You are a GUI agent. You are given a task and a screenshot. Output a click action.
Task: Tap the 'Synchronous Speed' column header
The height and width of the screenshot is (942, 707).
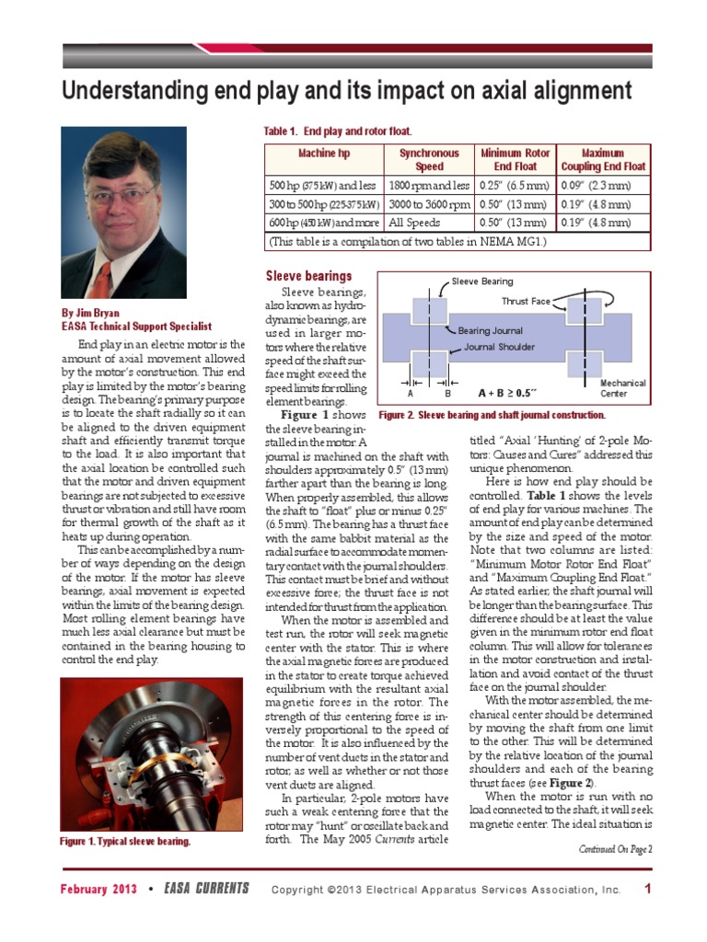(428, 159)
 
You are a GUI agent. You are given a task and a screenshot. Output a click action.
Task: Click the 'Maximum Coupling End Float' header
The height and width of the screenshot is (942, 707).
(603, 159)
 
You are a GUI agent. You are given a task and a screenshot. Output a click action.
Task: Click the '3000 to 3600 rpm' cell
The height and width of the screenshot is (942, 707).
(429, 203)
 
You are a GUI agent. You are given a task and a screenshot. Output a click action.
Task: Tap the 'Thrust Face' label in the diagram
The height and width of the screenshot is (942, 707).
(526, 301)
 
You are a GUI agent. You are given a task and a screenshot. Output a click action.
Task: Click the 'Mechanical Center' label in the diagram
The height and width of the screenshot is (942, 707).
(622, 387)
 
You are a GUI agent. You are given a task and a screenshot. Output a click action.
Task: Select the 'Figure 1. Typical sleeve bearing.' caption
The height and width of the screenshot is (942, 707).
(125, 842)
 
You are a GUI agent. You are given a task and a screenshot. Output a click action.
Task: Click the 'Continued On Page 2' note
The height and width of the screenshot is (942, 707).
(615, 849)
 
